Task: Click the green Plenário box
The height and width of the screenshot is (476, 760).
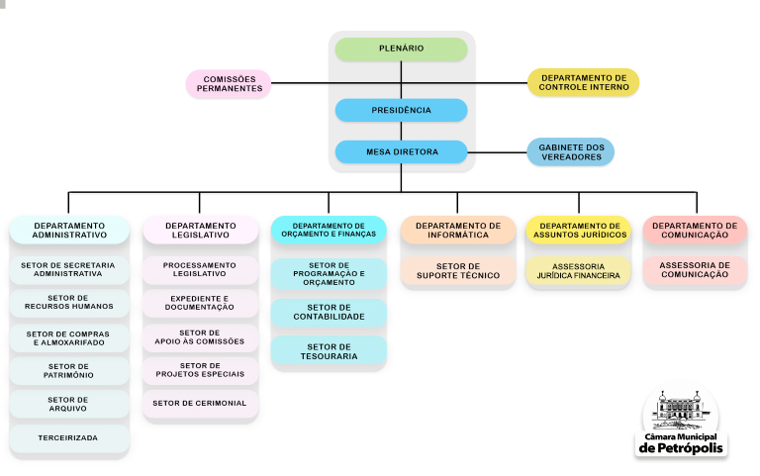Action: coord(401,48)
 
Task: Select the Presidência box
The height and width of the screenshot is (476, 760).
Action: coord(401,110)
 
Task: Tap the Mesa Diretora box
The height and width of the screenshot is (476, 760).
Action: coord(401,151)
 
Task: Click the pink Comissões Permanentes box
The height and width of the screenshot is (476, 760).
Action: coord(230,84)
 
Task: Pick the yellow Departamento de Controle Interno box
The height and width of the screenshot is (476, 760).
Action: coord(584,82)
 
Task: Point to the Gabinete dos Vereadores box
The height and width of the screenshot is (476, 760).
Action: coord(570,151)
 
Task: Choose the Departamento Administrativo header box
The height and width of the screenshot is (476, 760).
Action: coord(69,230)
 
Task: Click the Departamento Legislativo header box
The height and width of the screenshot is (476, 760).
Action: coord(201,230)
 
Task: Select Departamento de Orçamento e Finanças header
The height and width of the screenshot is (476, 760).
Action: coord(329,230)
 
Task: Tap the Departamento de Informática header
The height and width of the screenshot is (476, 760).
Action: coord(458,230)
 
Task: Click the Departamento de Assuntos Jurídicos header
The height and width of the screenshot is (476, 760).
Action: coord(578,230)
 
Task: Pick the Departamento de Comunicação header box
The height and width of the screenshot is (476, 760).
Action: coord(695,230)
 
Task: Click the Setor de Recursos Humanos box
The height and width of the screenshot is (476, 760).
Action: coord(69,302)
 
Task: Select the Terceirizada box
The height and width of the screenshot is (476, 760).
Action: coord(69,436)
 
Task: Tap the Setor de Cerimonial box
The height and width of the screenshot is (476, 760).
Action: coord(201,404)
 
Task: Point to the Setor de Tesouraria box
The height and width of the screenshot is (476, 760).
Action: coord(329,350)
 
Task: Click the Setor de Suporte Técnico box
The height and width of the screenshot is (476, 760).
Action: coord(458,271)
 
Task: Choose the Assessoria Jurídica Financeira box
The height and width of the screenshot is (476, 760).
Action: coord(578,271)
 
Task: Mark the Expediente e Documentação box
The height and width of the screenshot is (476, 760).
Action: coord(201,303)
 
